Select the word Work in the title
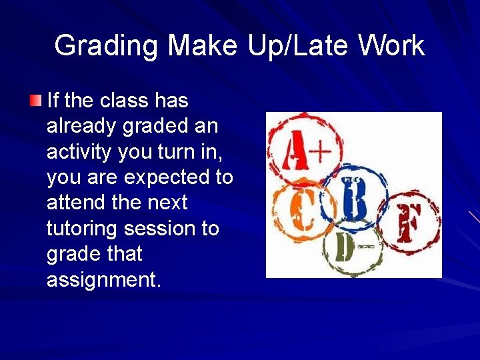pos(391,45)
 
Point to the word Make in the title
pos(202,45)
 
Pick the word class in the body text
pos(125,101)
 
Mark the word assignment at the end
pos(103,279)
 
